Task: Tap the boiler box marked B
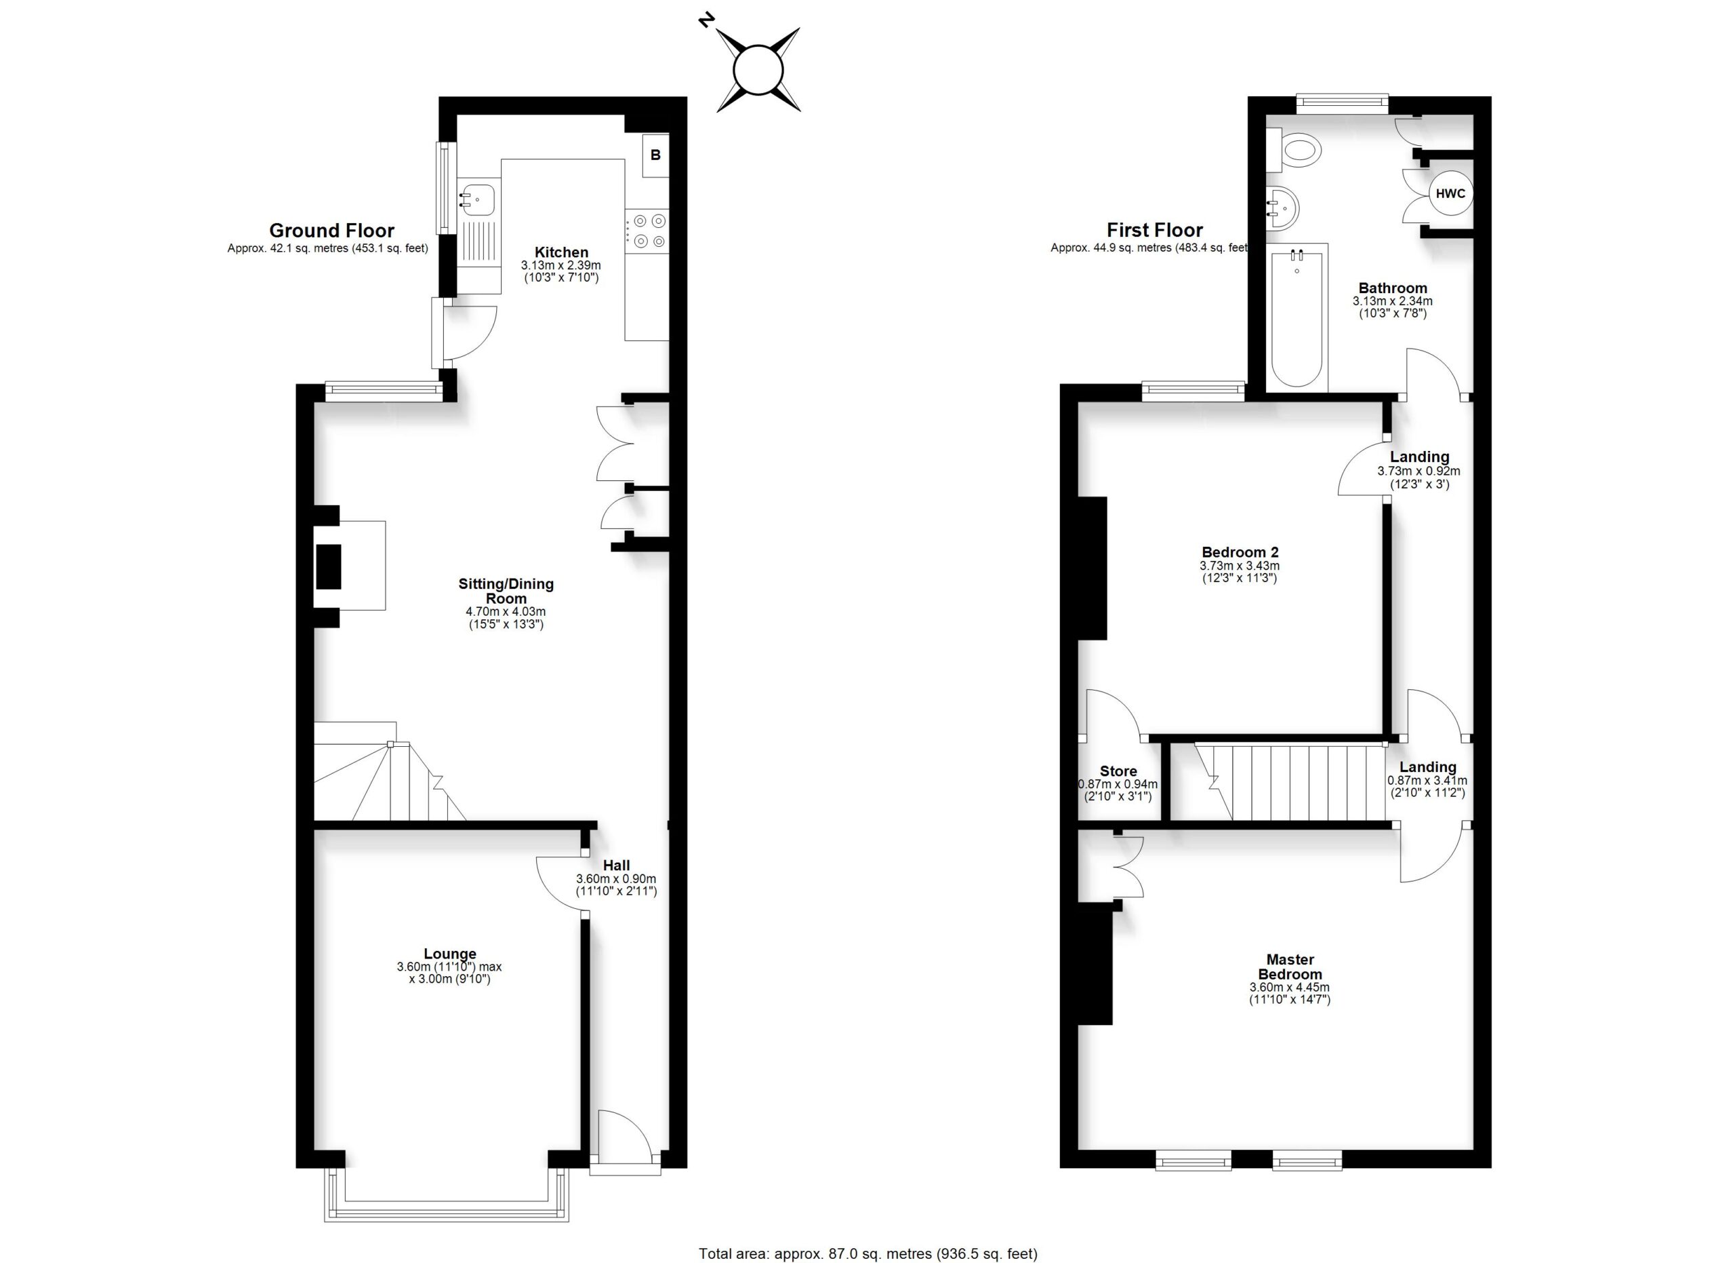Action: pos(655,155)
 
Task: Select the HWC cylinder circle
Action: pos(1450,194)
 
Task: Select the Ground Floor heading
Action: pos(332,231)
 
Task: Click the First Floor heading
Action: pos(1154,231)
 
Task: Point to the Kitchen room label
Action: pos(562,252)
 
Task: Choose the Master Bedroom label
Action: pos(1290,967)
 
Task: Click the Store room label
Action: pos(1118,772)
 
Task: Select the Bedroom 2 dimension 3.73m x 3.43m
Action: pos(1240,566)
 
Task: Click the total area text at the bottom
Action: pos(868,1253)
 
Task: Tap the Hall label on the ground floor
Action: pos(616,866)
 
